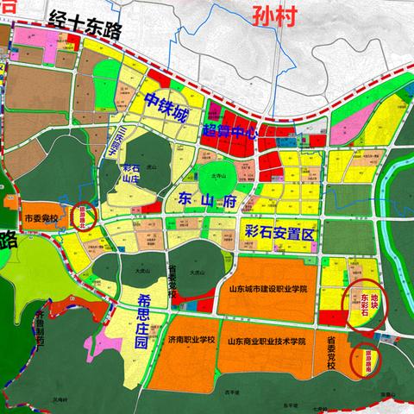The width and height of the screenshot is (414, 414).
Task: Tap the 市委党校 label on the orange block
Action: pyautogui.click(x=43, y=218)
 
